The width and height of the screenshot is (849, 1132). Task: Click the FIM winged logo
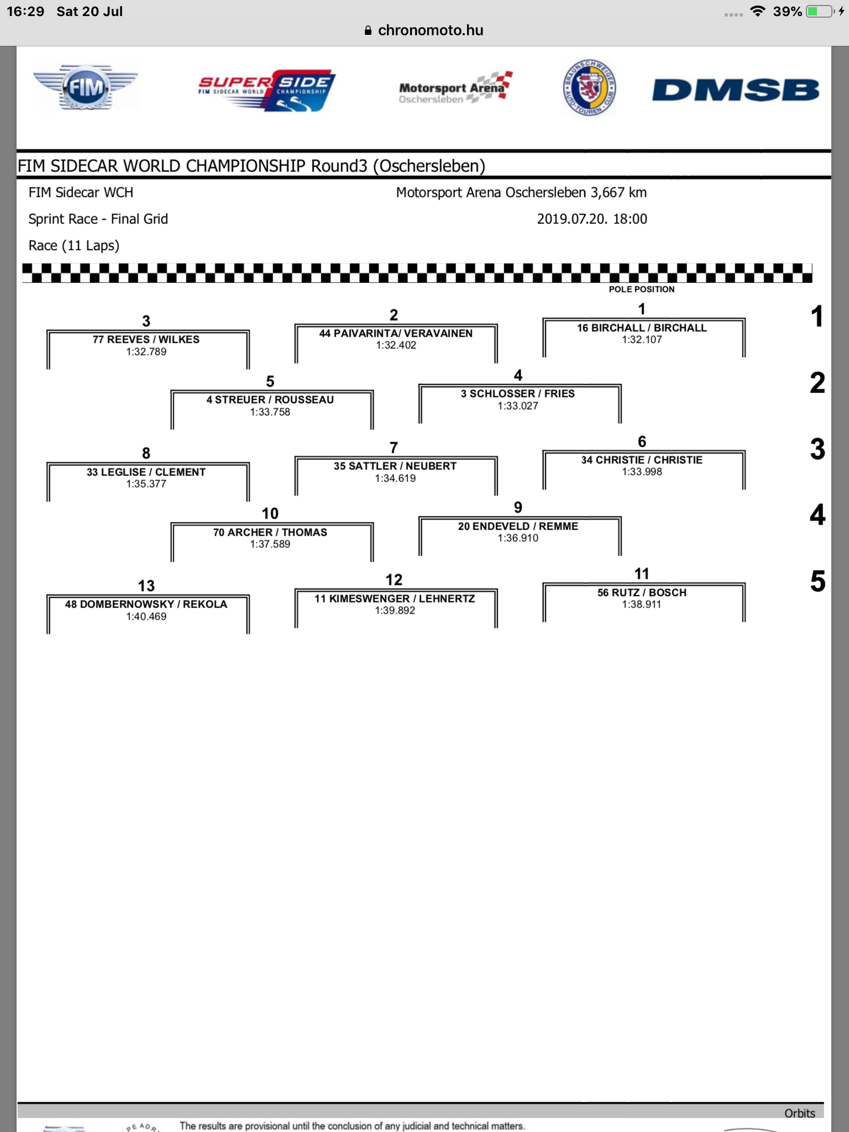click(86, 87)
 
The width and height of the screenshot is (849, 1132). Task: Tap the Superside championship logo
click(266, 90)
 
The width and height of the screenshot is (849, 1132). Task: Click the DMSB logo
click(736, 90)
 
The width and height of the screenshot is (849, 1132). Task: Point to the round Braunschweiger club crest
click(590, 87)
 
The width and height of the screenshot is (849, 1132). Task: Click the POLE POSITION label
click(642, 289)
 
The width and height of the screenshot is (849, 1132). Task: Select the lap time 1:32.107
click(642, 340)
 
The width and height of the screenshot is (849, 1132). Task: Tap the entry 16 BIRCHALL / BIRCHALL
click(642, 328)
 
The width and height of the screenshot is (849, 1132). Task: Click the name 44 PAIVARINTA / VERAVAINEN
click(396, 333)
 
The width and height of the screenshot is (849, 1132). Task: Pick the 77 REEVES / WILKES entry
click(146, 339)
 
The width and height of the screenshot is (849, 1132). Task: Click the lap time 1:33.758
click(270, 412)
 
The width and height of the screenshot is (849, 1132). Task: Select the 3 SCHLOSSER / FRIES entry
click(518, 394)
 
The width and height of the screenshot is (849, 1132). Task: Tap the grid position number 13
click(146, 585)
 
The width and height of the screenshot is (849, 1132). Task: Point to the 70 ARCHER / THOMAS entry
click(270, 532)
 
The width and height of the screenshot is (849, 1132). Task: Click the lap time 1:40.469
click(146, 616)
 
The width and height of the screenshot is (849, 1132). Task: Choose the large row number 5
click(817, 581)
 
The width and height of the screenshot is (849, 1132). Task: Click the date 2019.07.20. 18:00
click(592, 219)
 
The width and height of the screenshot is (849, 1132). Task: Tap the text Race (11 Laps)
click(74, 245)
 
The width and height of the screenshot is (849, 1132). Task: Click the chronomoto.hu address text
click(431, 30)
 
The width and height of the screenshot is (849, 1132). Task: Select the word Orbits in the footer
click(800, 1113)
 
